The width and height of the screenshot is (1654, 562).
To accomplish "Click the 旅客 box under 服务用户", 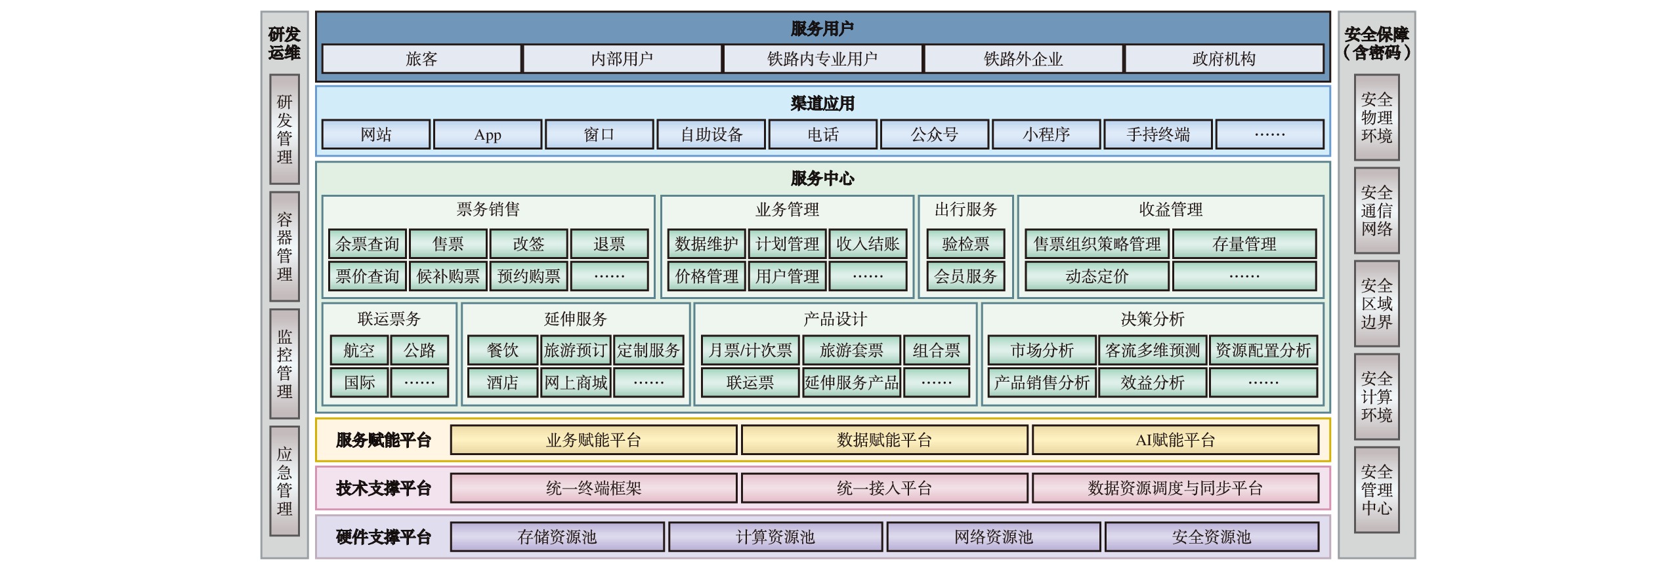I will click(x=421, y=59).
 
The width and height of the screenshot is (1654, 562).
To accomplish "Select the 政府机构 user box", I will click(x=1223, y=59).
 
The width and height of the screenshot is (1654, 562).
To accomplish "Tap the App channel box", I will click(x=488, y=134).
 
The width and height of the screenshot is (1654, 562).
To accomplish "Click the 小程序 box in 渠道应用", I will click(x=1046, y=134).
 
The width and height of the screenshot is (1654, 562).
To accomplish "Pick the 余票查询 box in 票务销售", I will click(x=368, y=244).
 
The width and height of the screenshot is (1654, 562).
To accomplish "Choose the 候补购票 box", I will click(x=448, y=276).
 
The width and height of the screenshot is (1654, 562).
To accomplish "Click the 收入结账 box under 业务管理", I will click(x=868, y=244).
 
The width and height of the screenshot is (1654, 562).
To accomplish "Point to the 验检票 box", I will click(x=965, y=244).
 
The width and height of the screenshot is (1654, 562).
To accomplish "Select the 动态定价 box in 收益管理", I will click(x=1097, y=276).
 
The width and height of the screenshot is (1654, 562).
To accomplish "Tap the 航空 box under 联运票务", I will click(x=359, y=350).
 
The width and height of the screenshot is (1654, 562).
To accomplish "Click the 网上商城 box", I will click(x=576, y=382).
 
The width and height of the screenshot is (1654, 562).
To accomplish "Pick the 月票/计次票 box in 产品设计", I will click(x=750, y=350).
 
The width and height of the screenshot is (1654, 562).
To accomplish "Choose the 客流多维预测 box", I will click(x=1153, y=350).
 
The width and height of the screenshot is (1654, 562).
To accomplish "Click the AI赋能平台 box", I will click(x=1175, y=440).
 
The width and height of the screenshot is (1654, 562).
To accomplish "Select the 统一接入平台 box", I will click(x=884, y=489).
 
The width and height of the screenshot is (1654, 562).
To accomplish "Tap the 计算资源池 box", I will click(x=775, y=537).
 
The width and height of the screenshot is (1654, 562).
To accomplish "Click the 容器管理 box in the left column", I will click(x=284, y=247).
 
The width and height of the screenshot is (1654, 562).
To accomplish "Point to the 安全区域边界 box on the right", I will click(x=1376, y=304).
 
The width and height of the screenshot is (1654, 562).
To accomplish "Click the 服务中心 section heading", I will click(x=822, y=178).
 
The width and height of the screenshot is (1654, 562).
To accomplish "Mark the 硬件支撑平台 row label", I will click(x=383, y=537).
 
